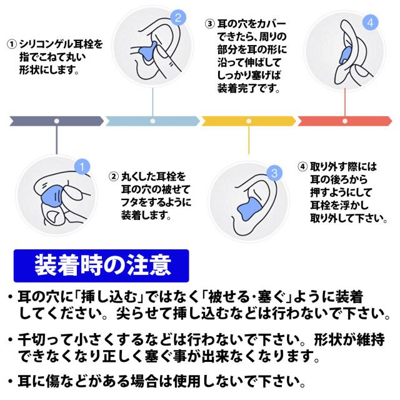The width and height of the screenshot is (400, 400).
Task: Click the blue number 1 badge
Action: tap(81, 166)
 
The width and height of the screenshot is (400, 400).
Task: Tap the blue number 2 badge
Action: tap(177, 19)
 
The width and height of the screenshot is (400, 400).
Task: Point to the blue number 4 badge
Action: tap(371, 23)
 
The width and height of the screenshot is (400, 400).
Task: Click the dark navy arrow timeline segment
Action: tap(56, 120)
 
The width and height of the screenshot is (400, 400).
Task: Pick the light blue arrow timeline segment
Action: tap(153, 120)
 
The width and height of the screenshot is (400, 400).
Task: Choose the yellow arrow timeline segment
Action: tap(249, 120)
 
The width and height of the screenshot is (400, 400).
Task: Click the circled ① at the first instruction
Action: tap(11, 44)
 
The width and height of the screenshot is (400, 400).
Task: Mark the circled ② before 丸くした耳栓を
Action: tap(114, 176)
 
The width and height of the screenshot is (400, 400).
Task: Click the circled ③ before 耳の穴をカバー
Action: tap(210, 24)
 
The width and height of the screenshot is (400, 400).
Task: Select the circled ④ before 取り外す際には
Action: tap(302, 167)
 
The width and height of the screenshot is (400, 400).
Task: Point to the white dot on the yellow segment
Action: tap(249, 120)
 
